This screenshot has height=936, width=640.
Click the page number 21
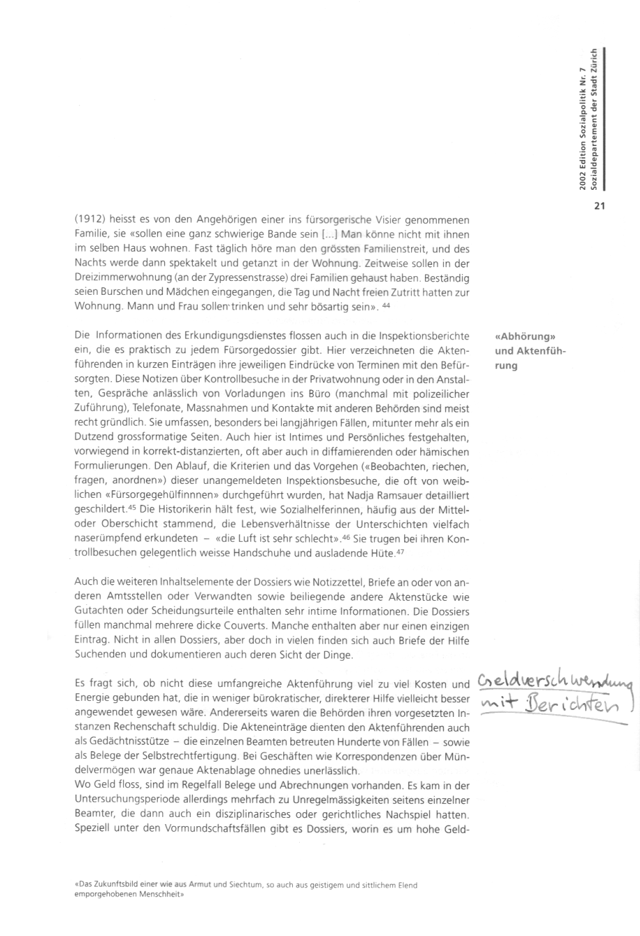click(x=600, y=205)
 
